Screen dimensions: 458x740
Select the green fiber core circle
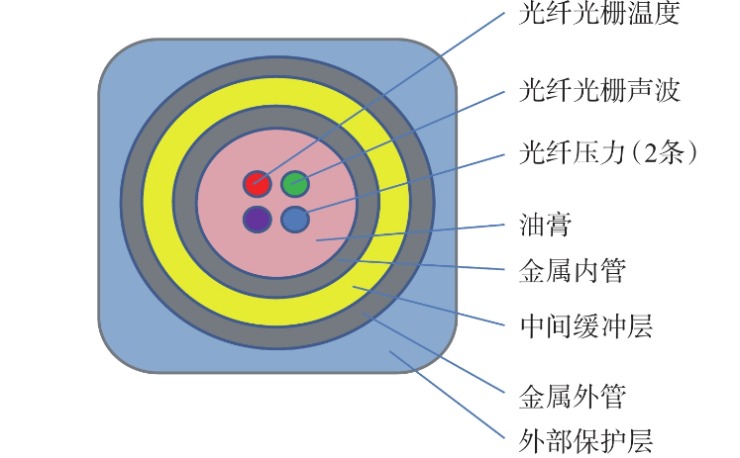point(295,184)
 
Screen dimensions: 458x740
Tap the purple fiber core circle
point(258,220)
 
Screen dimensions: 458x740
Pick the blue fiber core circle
point(295,220)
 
